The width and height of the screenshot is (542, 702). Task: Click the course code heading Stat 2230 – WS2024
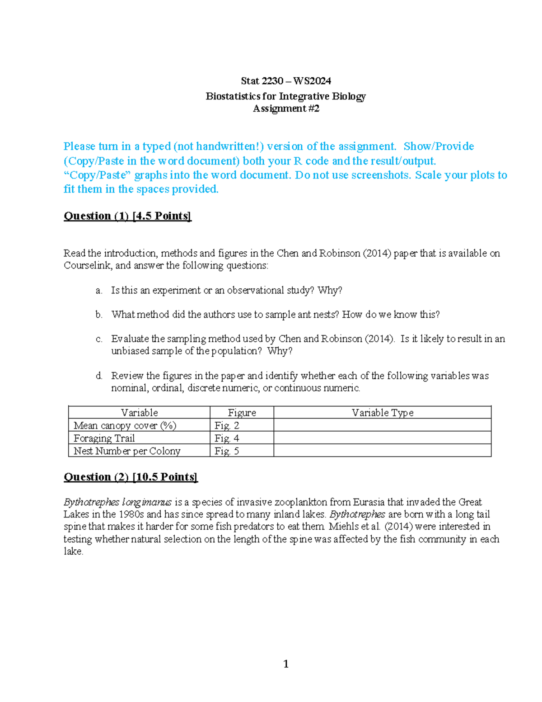click(286, 81)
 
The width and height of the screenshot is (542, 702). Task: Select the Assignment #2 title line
click(286, 108)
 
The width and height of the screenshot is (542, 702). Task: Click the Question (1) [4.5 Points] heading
click(127, 216)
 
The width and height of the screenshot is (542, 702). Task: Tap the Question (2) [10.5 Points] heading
click(131, 477)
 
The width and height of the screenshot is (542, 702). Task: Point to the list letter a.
click(99, 291)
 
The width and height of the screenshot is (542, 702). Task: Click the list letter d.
click(99, 376)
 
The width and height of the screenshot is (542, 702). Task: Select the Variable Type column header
click(382, 412)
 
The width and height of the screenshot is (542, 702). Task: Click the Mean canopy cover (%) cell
click(125, 425)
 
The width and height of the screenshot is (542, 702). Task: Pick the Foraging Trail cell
click(104, 438)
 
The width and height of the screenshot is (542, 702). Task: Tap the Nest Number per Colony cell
click(127, 451)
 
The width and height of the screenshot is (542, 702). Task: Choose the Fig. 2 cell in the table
click(227, 425)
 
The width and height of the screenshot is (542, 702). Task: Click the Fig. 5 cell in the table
click(227, 451)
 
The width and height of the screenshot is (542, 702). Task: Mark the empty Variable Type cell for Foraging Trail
click(382, 438)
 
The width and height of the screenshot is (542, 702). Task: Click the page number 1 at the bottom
click(286, 664)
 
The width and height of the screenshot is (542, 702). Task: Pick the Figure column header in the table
click(242, 412)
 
